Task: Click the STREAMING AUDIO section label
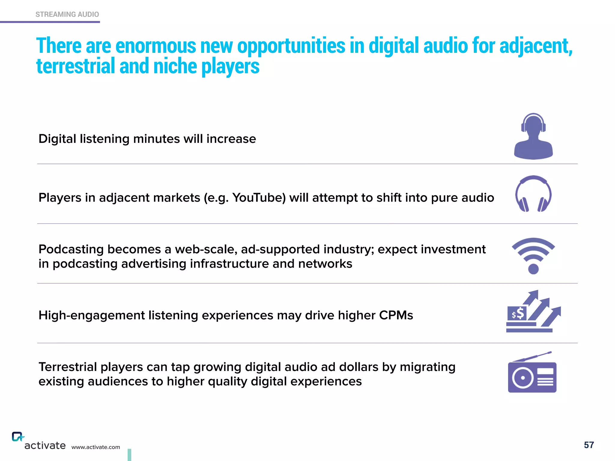(67, 14)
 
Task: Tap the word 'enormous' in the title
(156, 46)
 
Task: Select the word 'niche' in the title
(175, 66)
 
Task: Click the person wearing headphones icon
(533, 137)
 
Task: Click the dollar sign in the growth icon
(520, 313)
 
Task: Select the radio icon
(532, 377)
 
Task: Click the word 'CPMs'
(396, 315)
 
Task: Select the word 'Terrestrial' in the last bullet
(68, 367)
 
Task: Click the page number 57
(589, 445)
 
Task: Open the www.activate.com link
(95, 447)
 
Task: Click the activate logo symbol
(17, 437)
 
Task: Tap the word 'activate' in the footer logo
(45, 446)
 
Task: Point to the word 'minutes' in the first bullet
(156, 139)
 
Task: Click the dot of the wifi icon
(533, 269)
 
